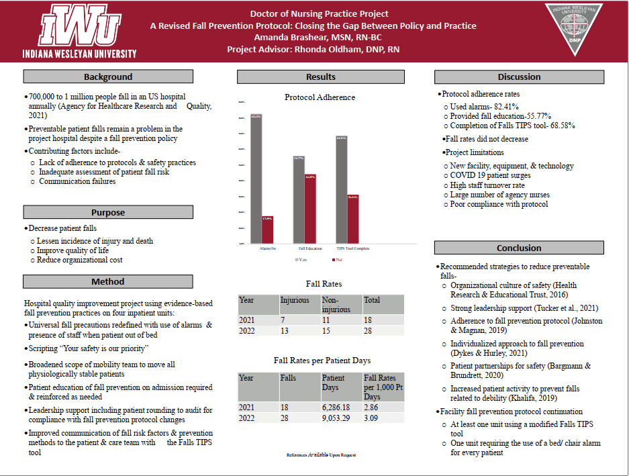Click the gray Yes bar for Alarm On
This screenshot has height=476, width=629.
click(x=256, y=178)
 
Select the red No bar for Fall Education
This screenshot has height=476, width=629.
click(x=309, y=208)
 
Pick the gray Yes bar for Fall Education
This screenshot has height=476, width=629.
click(x=299, y=199)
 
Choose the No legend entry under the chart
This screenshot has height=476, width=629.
click(x=336, y=259)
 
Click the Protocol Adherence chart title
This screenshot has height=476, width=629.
click(x=320, y=97)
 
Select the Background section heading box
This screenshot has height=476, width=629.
click(x=108, y=77)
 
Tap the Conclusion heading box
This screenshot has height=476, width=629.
click(x=519, y=248)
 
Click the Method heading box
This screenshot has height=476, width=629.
click(x=108, y=281)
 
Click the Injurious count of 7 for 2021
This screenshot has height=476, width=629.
click(x=283, y=320)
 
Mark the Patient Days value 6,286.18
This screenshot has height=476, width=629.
click(x=341, y=408)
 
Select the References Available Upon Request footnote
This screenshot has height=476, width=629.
click(x=321, y=455)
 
